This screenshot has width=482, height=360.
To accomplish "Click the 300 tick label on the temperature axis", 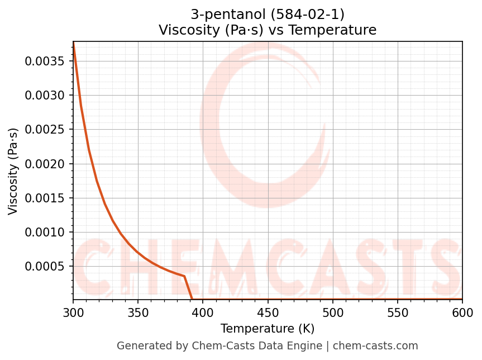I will pos(73,312).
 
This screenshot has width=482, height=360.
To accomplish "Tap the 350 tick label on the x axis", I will pos(138,312).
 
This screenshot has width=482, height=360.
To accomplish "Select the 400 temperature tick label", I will pos(203,312).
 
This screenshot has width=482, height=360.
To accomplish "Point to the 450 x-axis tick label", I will pos(268,312).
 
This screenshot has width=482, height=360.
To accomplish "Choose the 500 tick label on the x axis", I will pos(333,312).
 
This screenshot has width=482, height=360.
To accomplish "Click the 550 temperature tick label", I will pos(398,312).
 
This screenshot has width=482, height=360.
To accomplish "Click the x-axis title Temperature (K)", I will pos(268,328).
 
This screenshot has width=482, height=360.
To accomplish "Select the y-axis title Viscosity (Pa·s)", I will pos(13,171).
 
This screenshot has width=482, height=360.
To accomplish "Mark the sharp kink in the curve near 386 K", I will pos(184,276).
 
